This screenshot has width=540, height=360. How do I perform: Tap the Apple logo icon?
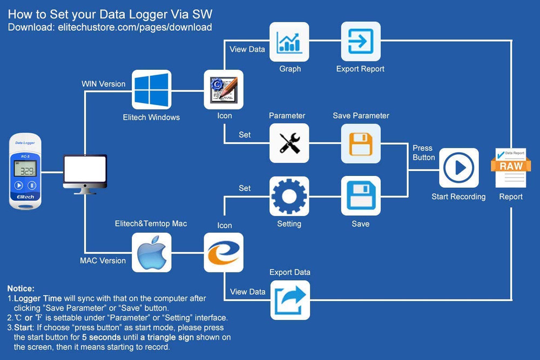pos(152,253)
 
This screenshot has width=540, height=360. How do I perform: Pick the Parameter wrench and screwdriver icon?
pos(289,143)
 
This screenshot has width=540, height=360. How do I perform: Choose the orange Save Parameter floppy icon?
pos(360,143)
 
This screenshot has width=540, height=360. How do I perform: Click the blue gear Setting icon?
pos(289,196)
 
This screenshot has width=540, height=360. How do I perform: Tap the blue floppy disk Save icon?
pos(360,196)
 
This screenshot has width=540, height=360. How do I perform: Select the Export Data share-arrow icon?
pos(290,300)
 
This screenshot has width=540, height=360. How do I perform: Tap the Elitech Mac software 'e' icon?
pos(223,253)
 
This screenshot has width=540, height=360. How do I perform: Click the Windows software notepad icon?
pos(223,90)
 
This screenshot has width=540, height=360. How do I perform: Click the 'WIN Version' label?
pos(103,84)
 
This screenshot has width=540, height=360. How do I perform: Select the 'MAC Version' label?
pos(103,261)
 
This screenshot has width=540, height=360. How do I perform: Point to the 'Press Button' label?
pos(423,153)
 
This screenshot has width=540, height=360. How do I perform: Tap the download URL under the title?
pos(110,27)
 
